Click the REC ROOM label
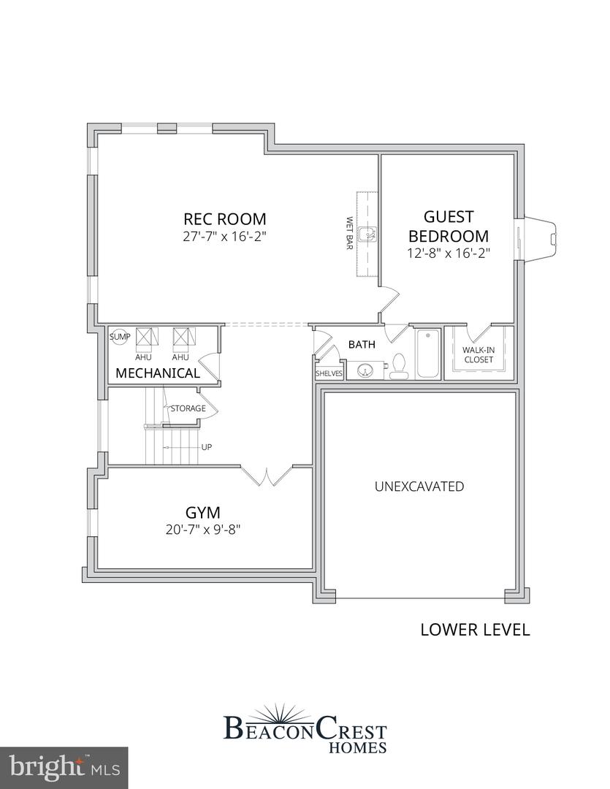pos(224,219)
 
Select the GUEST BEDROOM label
pos(449,226)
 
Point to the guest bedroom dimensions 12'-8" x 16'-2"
pos(449,254)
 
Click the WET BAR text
pos(350,233)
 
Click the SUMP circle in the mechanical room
pos(120,337)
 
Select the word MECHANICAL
pos(158,373)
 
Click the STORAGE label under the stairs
pos(188,408)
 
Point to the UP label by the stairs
pos(206,447)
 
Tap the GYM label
pos(203,512)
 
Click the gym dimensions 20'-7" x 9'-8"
pos(203,530)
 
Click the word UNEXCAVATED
pos(419,487)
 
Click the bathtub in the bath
pos(428,354)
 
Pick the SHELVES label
pos(328,373)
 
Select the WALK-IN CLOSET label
pos(479,354)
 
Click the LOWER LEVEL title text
pos(475,630)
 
